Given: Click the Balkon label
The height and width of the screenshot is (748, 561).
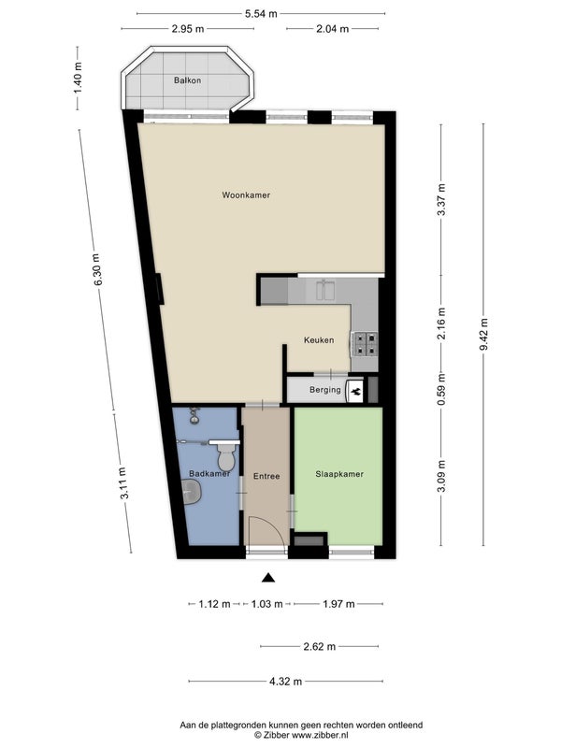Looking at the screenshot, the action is [187, 80].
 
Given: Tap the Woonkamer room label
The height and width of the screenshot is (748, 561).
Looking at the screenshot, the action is [246, 195].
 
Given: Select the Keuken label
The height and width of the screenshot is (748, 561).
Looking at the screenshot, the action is [319, 340].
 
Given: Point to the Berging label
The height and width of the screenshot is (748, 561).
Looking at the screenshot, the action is [324, 390].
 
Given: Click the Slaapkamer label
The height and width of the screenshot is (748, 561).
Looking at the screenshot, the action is [339, 474].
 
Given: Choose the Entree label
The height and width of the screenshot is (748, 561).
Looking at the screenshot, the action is [266, 476].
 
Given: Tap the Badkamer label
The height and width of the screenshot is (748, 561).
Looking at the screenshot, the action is [209, 474].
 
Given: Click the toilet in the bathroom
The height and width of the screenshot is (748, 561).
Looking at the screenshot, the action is [225, 455].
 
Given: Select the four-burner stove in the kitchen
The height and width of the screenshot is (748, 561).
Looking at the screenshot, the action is [365, 344].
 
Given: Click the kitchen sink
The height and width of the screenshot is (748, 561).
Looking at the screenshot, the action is [325, 290].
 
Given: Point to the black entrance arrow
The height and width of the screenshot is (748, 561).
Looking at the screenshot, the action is [268, 578].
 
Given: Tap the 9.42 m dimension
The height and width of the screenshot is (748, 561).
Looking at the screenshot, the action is [483, 334].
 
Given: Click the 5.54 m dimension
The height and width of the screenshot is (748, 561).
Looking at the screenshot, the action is [261, 14].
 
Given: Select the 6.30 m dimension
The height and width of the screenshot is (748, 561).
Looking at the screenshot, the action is [97, 269].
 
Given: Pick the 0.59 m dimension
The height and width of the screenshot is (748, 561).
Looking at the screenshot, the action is [441, 389].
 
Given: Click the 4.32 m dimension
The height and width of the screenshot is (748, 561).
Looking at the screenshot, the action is [286, 682].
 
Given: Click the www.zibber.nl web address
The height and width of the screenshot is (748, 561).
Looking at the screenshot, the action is [320, 735].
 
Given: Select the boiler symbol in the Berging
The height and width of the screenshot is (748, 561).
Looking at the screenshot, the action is [355, 392].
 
